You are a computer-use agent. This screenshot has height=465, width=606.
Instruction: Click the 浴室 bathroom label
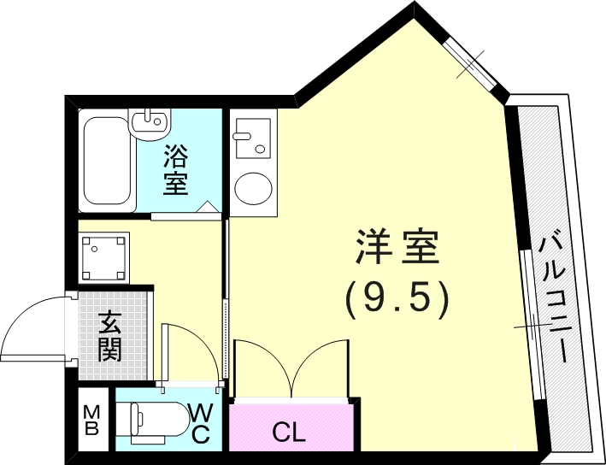tap(176, 169)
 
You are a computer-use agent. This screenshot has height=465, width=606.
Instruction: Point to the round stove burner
tap(251, 188)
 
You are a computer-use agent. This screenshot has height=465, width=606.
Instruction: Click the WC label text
tap(200, 422)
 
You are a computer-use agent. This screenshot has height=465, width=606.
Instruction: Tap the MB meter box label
tap(91, 421)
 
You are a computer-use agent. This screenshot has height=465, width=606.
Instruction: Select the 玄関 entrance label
tap(109, 336)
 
